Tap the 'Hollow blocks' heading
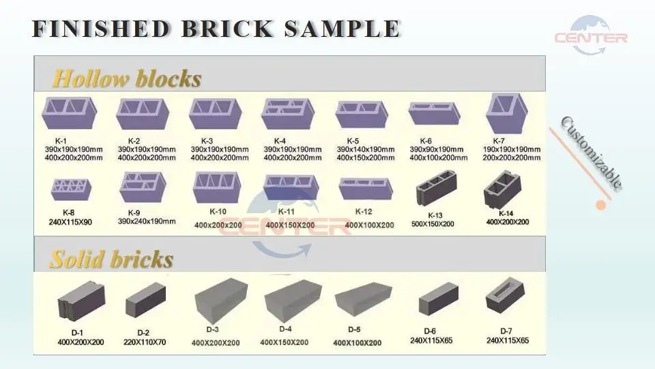[126, 79]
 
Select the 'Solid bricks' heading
[111, 260]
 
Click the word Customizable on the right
[592, 152]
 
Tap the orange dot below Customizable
[601, 204]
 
